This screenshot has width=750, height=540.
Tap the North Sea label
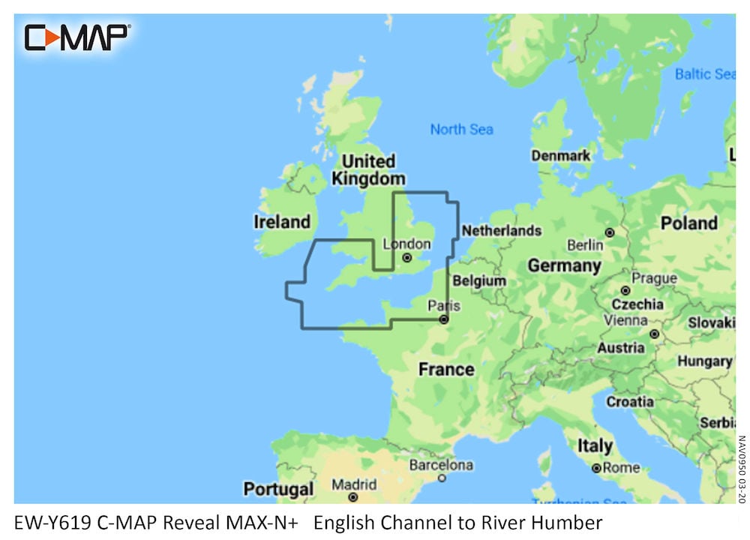pos(461,129)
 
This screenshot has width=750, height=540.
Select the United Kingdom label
pos(368,170)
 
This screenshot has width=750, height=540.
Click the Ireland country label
pos(282,222)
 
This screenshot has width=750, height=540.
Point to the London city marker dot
pos(407,257)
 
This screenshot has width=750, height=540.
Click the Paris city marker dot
pos(443,319)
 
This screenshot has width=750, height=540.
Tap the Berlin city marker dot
pos(610,232)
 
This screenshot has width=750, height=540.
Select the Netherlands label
pos(501,230)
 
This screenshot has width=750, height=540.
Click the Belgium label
pos(480,280)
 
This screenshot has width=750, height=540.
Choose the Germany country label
pos(564,265)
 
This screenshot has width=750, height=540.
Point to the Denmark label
pos(561,156)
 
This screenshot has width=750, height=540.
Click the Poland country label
pos(688,223)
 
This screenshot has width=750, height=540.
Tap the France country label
pos(446,369)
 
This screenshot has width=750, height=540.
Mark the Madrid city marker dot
pos(352,496)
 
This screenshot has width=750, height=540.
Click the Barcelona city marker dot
pos(442,478)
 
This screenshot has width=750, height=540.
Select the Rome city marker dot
pos(596,468)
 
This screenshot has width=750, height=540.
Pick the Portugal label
pos(278,490)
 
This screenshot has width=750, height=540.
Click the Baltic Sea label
pos(704,74)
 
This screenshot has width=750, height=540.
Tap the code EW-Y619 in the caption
pos(52,523)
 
